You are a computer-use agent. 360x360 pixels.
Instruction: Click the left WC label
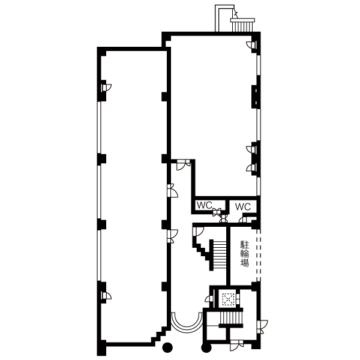coord(205,205)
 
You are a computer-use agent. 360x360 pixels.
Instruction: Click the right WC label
coord(243,206)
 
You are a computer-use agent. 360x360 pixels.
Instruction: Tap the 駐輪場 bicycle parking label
coord(245,253)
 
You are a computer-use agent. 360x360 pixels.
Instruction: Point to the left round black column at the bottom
coord(167,347)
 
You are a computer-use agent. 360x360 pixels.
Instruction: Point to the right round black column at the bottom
coord(206,347)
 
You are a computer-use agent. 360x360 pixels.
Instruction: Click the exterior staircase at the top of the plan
coord(242,25)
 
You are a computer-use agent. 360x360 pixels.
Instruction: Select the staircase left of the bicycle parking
coord(220,255)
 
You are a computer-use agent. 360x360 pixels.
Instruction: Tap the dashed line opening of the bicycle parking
coord(259,255)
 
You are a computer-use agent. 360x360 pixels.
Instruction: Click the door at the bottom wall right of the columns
coord(236,346)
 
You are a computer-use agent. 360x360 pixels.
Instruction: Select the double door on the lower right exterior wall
coord(262,327)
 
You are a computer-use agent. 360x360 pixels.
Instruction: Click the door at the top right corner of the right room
coord(251,45)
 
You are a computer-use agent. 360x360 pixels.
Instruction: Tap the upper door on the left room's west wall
coord(107,88)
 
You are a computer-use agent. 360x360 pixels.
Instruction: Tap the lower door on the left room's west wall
coord(107,296)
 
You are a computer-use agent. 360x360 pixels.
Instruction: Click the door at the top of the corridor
coord(183,165)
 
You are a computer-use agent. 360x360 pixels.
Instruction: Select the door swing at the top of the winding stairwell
coord(199,232)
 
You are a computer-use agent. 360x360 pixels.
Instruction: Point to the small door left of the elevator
coord(209,298)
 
